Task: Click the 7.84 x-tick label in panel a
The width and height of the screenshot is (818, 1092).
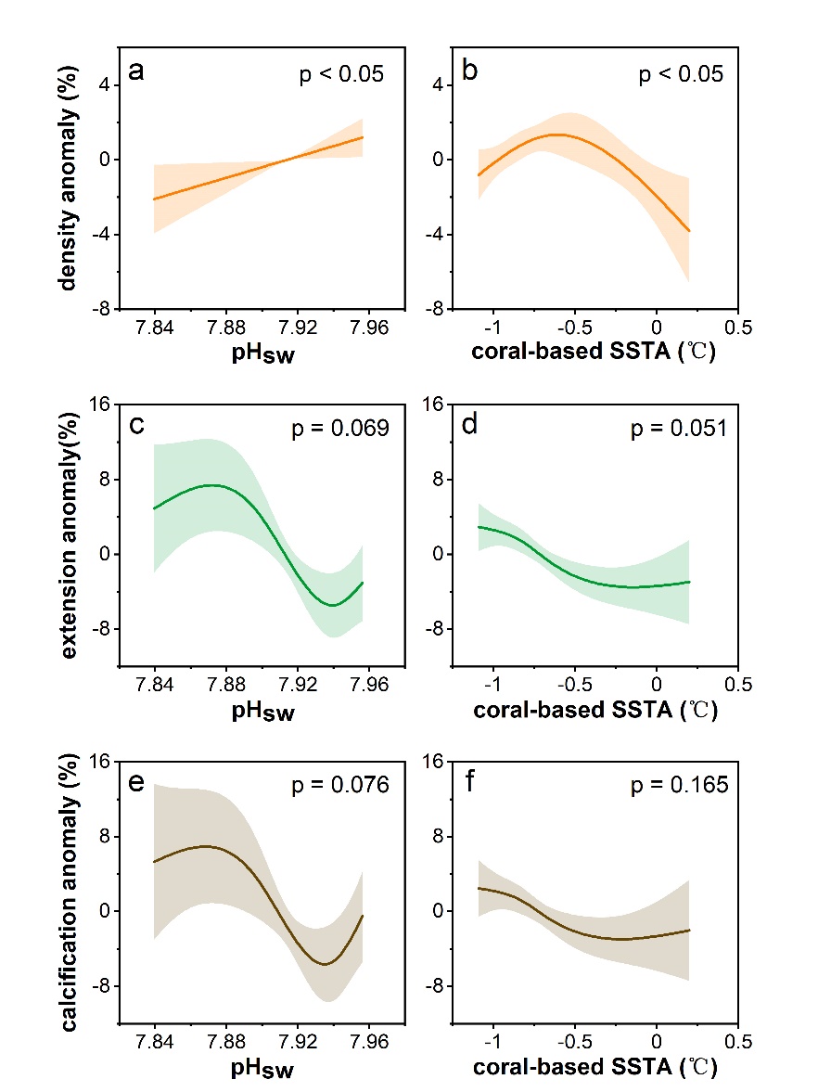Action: (154, 328)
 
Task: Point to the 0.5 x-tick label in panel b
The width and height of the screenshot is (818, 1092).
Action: (737, 328)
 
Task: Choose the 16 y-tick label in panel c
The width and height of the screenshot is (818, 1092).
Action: (99, 404)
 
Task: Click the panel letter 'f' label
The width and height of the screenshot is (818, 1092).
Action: (470, 785)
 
